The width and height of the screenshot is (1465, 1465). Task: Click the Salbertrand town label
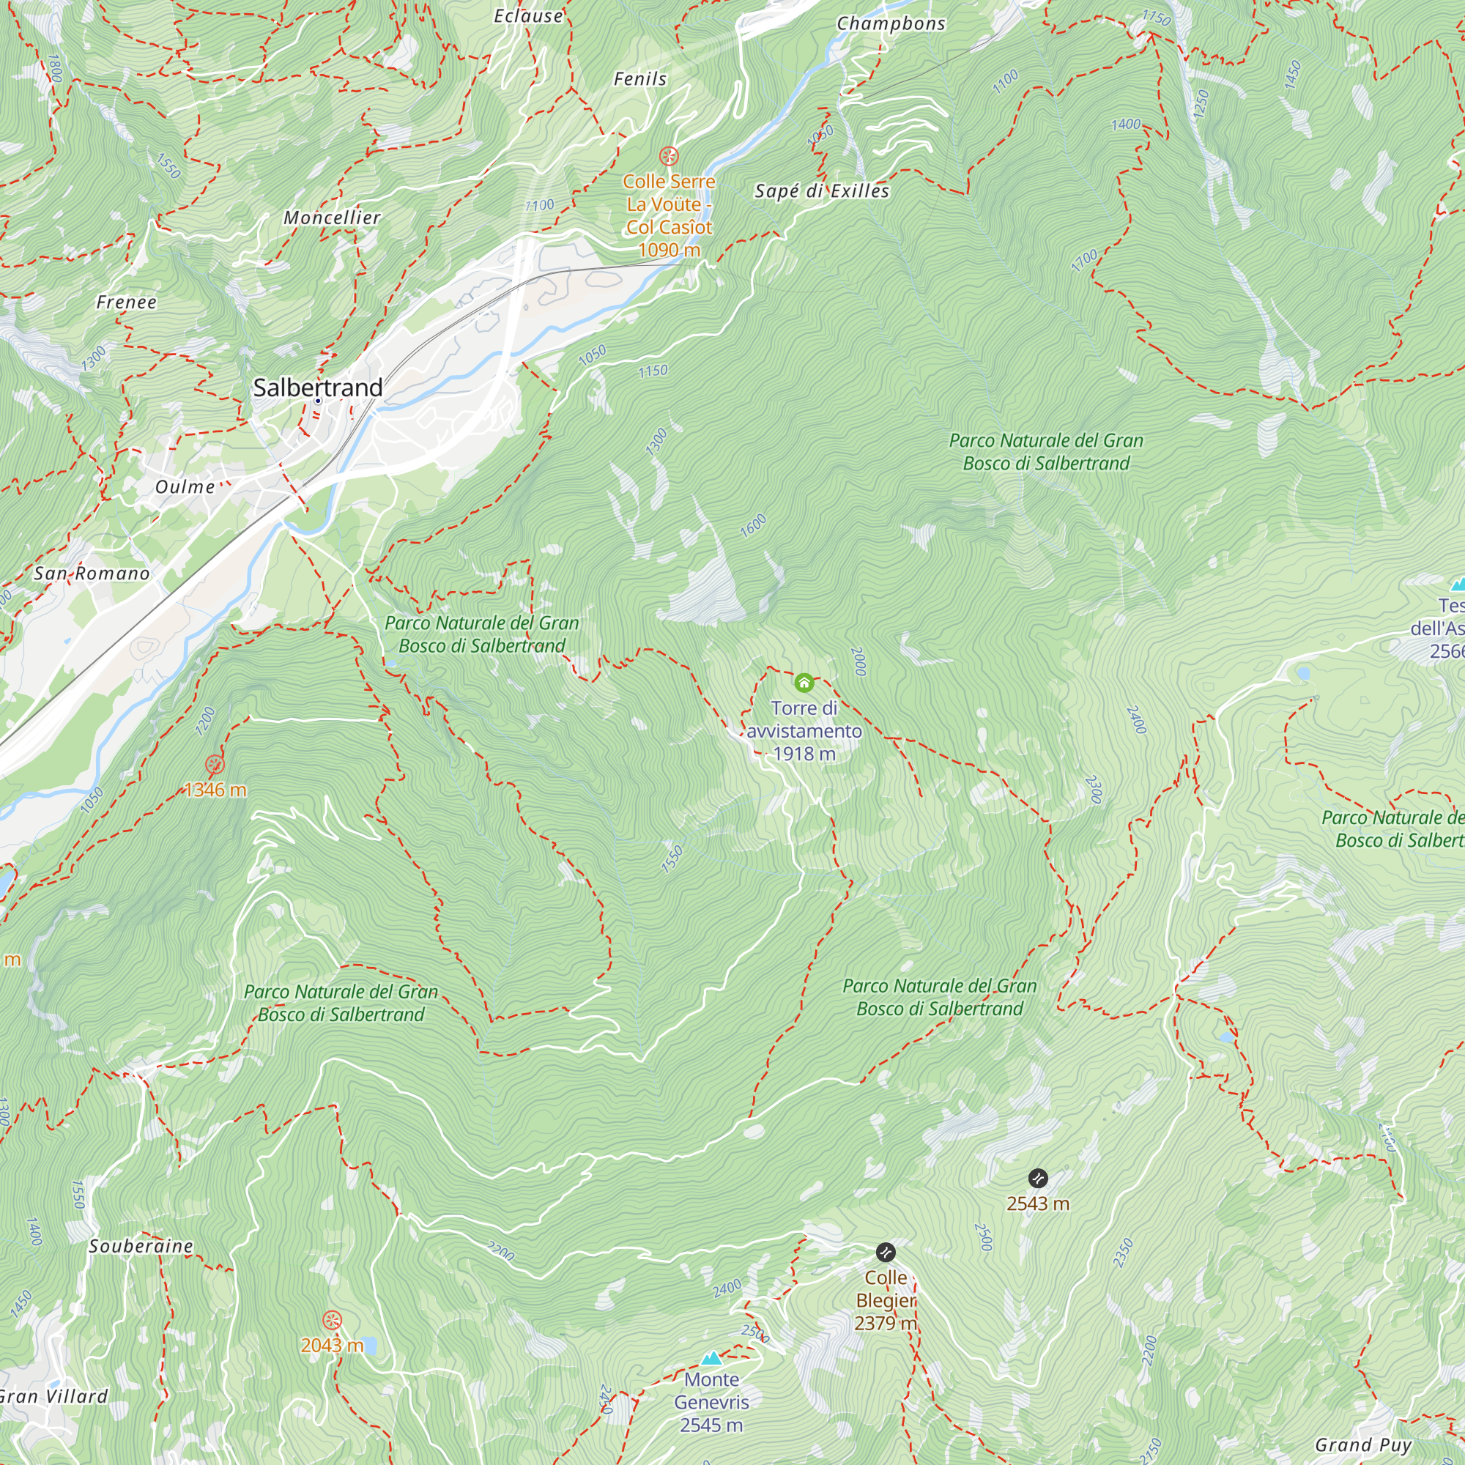(x=318, y=387)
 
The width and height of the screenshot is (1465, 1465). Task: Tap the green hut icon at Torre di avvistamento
(x=804, y=683)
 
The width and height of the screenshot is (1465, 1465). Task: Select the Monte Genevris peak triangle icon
(x=711, y=1358)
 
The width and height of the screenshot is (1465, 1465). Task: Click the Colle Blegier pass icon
(x=885, y=1252)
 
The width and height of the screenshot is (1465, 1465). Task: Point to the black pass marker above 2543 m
(x=1037, y=1179)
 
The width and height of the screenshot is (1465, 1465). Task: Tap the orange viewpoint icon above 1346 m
(x=215, y=764)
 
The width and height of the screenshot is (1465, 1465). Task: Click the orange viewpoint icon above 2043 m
(x=332, y=1320)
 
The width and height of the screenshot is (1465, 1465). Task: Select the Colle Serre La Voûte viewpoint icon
(x=668, y=156)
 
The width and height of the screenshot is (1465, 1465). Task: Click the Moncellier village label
(x=332, y=218)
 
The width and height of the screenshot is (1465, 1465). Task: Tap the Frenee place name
(x=127, y=302)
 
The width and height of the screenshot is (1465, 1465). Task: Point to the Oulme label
(x=185, y=487)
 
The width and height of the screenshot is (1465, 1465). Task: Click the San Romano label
(x=92, y=574)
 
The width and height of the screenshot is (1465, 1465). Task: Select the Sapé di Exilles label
(x=822, y=190)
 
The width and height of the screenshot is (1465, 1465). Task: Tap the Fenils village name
(x=640, y=79)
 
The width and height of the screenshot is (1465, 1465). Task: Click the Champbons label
(x=891, y=23)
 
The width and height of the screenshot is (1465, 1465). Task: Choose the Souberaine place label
(x=141, y=1246)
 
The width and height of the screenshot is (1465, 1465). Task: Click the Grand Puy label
(x=1362, y=1444)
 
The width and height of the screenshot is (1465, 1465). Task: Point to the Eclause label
(x=529, y=16)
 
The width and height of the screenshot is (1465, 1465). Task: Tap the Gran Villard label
(x=53, y=1396)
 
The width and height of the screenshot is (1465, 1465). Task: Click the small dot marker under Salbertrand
(x=318, y=401)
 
